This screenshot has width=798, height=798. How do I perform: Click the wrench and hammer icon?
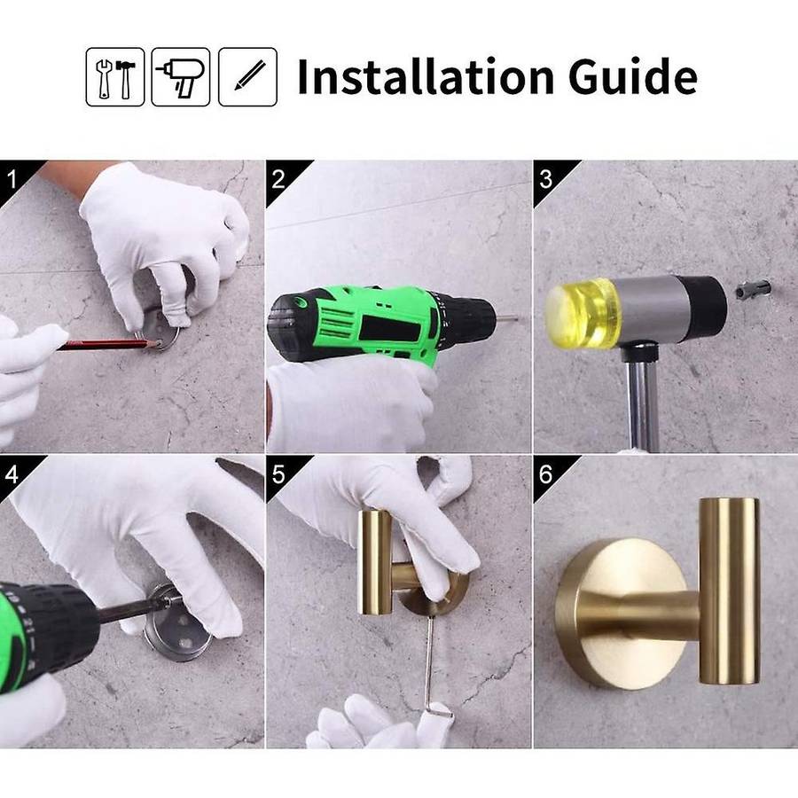tap(115, 77)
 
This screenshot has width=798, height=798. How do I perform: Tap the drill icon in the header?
tap(181, 77)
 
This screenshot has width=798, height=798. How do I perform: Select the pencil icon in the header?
tap(248, 77)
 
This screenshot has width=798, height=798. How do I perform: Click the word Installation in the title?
tap(426, 76)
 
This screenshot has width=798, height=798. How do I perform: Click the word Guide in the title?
tap(632, 76)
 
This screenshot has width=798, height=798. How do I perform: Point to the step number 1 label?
tap(12, 179)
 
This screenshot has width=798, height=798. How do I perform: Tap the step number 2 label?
tap(278, 179)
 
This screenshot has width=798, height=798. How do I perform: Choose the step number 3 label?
tap(545, 179)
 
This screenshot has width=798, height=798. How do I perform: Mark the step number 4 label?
tap(12, 474)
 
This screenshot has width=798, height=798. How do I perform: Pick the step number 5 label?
tap(278, 474)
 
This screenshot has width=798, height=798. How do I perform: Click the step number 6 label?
tap(545, 474)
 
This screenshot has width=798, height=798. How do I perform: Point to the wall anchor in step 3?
tap(753, 290)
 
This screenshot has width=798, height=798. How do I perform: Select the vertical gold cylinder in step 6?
tap(730, 591)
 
